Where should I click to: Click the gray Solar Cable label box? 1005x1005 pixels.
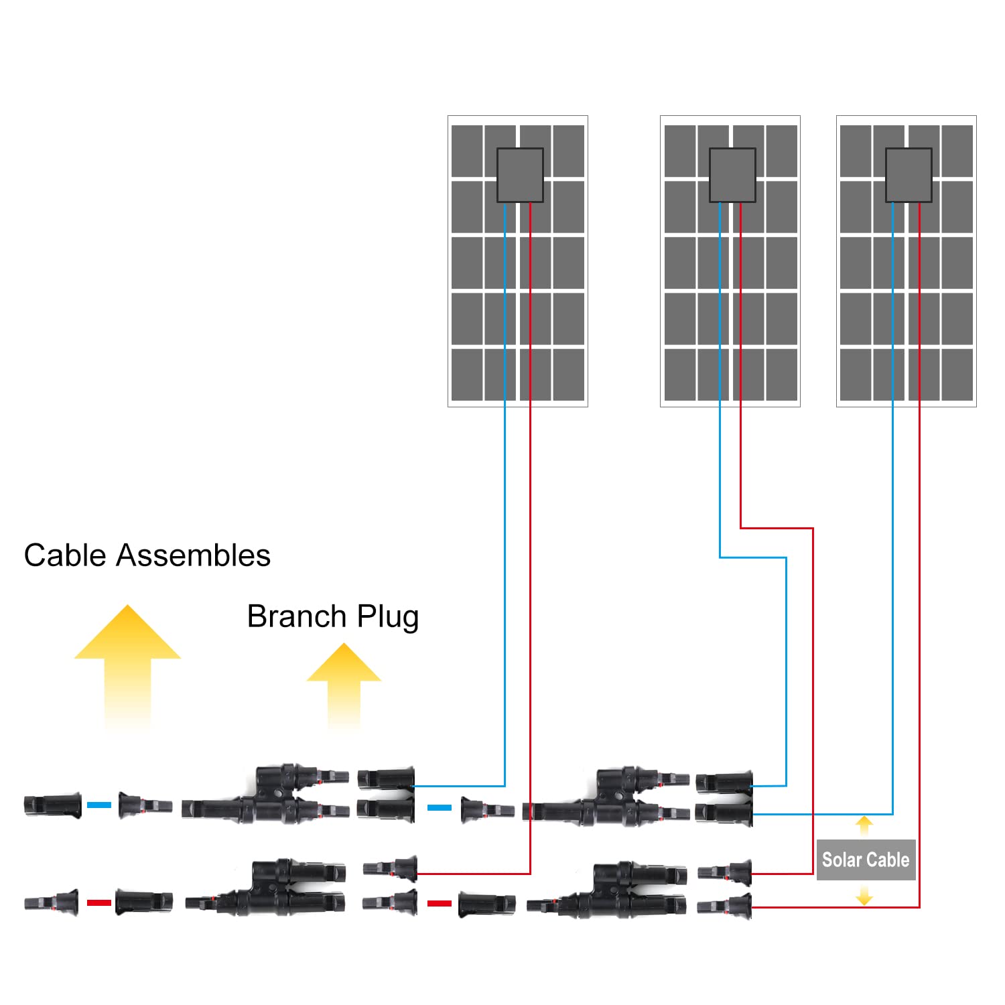866,860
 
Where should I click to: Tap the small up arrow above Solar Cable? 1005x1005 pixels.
864,825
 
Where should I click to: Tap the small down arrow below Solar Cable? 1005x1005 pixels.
864,895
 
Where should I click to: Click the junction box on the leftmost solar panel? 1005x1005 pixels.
520,175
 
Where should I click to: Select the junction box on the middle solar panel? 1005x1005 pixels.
732,175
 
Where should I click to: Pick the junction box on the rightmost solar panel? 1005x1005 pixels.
909,175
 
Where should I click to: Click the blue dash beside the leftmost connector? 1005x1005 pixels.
99,805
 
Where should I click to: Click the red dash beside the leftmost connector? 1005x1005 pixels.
99,902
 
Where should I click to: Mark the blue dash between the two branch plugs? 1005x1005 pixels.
440,807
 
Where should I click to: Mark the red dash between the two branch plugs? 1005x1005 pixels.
440,903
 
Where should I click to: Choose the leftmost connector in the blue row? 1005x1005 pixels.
52,805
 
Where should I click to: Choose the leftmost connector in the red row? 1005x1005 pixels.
51,902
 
